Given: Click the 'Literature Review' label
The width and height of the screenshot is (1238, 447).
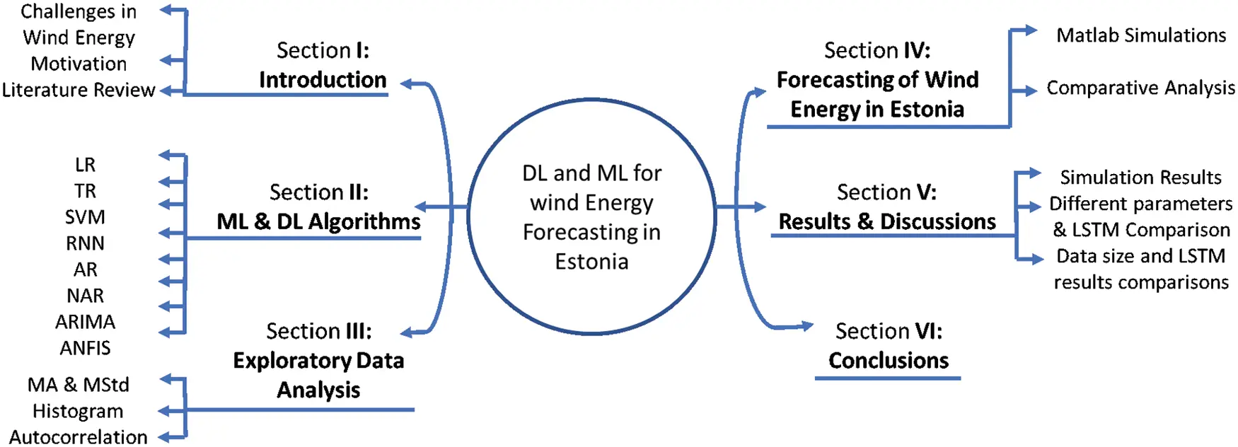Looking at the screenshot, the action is [79, 90].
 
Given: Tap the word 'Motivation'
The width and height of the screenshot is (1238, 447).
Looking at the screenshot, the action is [79, 64].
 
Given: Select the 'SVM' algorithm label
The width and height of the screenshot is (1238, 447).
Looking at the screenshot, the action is [85, 217].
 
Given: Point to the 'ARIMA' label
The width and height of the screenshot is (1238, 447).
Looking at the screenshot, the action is [85, 322].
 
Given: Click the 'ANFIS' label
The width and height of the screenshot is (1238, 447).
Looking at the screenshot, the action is [85, 348].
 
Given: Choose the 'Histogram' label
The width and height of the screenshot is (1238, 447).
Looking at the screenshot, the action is [78, 411].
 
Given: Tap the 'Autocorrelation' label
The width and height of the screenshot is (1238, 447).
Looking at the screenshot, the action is [79, 437].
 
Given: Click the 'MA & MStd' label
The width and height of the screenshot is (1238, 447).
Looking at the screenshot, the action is [79, 385].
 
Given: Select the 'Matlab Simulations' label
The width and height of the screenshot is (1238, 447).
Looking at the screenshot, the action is [1141, 35].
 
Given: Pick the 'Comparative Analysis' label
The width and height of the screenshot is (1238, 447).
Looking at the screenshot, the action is [1140, 88].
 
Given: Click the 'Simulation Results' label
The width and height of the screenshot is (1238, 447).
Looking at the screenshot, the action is [1140, 177].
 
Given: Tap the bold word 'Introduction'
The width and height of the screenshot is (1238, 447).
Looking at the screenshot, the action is [323, 80].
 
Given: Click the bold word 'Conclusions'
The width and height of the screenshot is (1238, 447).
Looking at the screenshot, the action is [889, 361].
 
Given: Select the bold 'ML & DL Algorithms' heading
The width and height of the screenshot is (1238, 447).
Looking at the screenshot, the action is [318, 222].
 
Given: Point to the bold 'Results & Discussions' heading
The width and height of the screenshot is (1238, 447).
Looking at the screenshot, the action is [887, 222].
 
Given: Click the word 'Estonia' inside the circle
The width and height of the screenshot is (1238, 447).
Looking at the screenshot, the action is [591, 262].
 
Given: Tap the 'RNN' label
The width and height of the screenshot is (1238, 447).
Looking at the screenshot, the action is [85, 243].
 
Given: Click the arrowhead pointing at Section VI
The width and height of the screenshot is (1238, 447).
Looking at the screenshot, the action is [806, 325].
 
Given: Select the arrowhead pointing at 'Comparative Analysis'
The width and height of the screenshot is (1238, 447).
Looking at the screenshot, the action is [1030, 91].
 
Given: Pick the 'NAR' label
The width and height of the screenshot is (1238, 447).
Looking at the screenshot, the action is [85, 296].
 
